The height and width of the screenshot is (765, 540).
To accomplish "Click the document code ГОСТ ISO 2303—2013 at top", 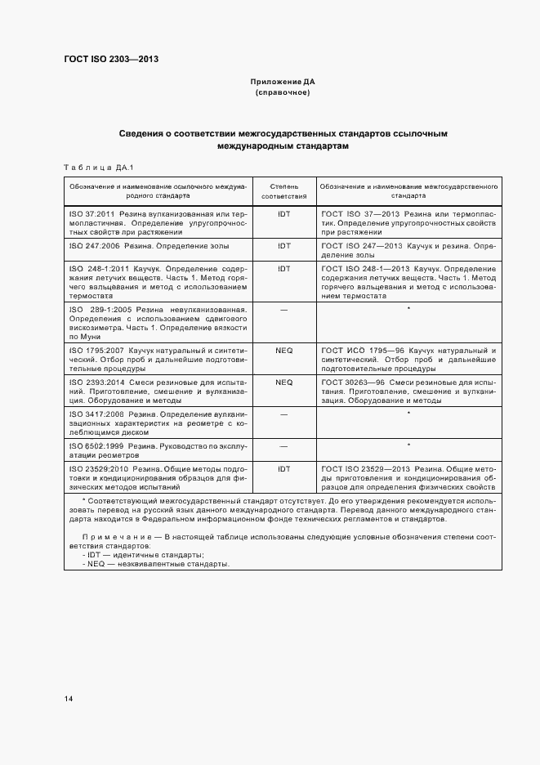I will click(110, 60).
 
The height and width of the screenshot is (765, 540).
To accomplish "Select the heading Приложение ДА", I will click(282, 82).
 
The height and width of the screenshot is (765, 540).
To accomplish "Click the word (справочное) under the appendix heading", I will click(282, 92).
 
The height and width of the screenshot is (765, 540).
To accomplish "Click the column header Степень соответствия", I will click(283, 191).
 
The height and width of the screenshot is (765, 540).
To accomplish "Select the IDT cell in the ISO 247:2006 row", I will click(283, 245).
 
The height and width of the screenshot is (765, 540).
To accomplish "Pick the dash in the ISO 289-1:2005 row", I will click(283, 309).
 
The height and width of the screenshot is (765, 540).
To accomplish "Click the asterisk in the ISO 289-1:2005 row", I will click(407, 309).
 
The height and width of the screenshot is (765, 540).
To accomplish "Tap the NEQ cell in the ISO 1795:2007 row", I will click(283, 350).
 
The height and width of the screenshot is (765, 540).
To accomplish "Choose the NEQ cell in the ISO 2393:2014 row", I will click(283, 382).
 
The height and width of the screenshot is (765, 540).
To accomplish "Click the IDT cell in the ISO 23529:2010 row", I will click(283, 468).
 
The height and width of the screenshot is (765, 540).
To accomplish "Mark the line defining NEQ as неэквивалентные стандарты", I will click(155, 586).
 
